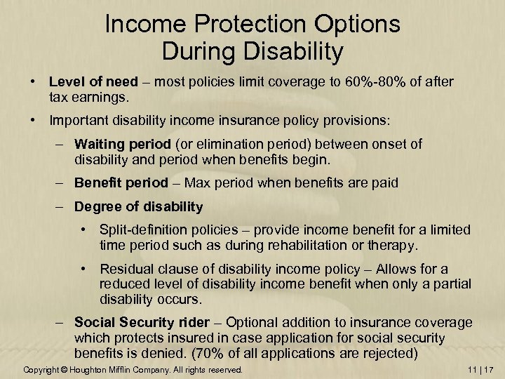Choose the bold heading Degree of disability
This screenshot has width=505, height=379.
138,207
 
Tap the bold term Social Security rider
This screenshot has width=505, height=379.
141,322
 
